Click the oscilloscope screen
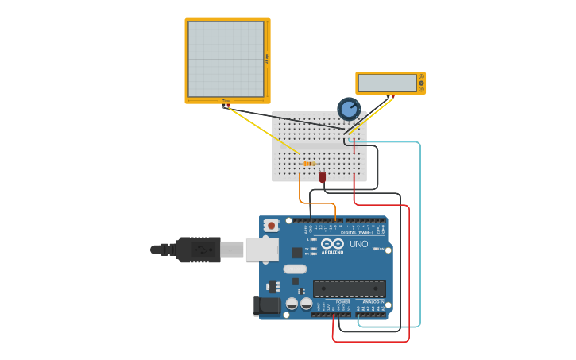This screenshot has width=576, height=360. [226, 60]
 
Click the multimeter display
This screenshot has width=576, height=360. [387, 83]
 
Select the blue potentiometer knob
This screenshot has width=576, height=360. [349, 108]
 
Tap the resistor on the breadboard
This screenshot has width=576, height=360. [309, 164]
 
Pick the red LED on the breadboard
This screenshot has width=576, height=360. [322, 176]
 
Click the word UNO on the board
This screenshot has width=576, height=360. [359, 244]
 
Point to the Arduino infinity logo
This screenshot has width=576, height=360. [333, 244]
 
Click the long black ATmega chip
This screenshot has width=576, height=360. [349, 288]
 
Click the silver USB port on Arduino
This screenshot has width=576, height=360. [261, 250]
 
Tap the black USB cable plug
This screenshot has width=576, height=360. [198, 250]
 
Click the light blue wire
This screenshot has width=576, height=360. [419, 238]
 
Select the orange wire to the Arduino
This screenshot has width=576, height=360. [300, 191]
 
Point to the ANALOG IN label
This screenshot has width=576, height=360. [371, 302]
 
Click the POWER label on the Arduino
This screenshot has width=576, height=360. [342, 302]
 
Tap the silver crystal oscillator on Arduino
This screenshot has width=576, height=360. [294, 269]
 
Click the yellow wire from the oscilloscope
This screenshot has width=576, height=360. [262, 129]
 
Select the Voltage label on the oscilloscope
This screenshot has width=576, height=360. [267, 60]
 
